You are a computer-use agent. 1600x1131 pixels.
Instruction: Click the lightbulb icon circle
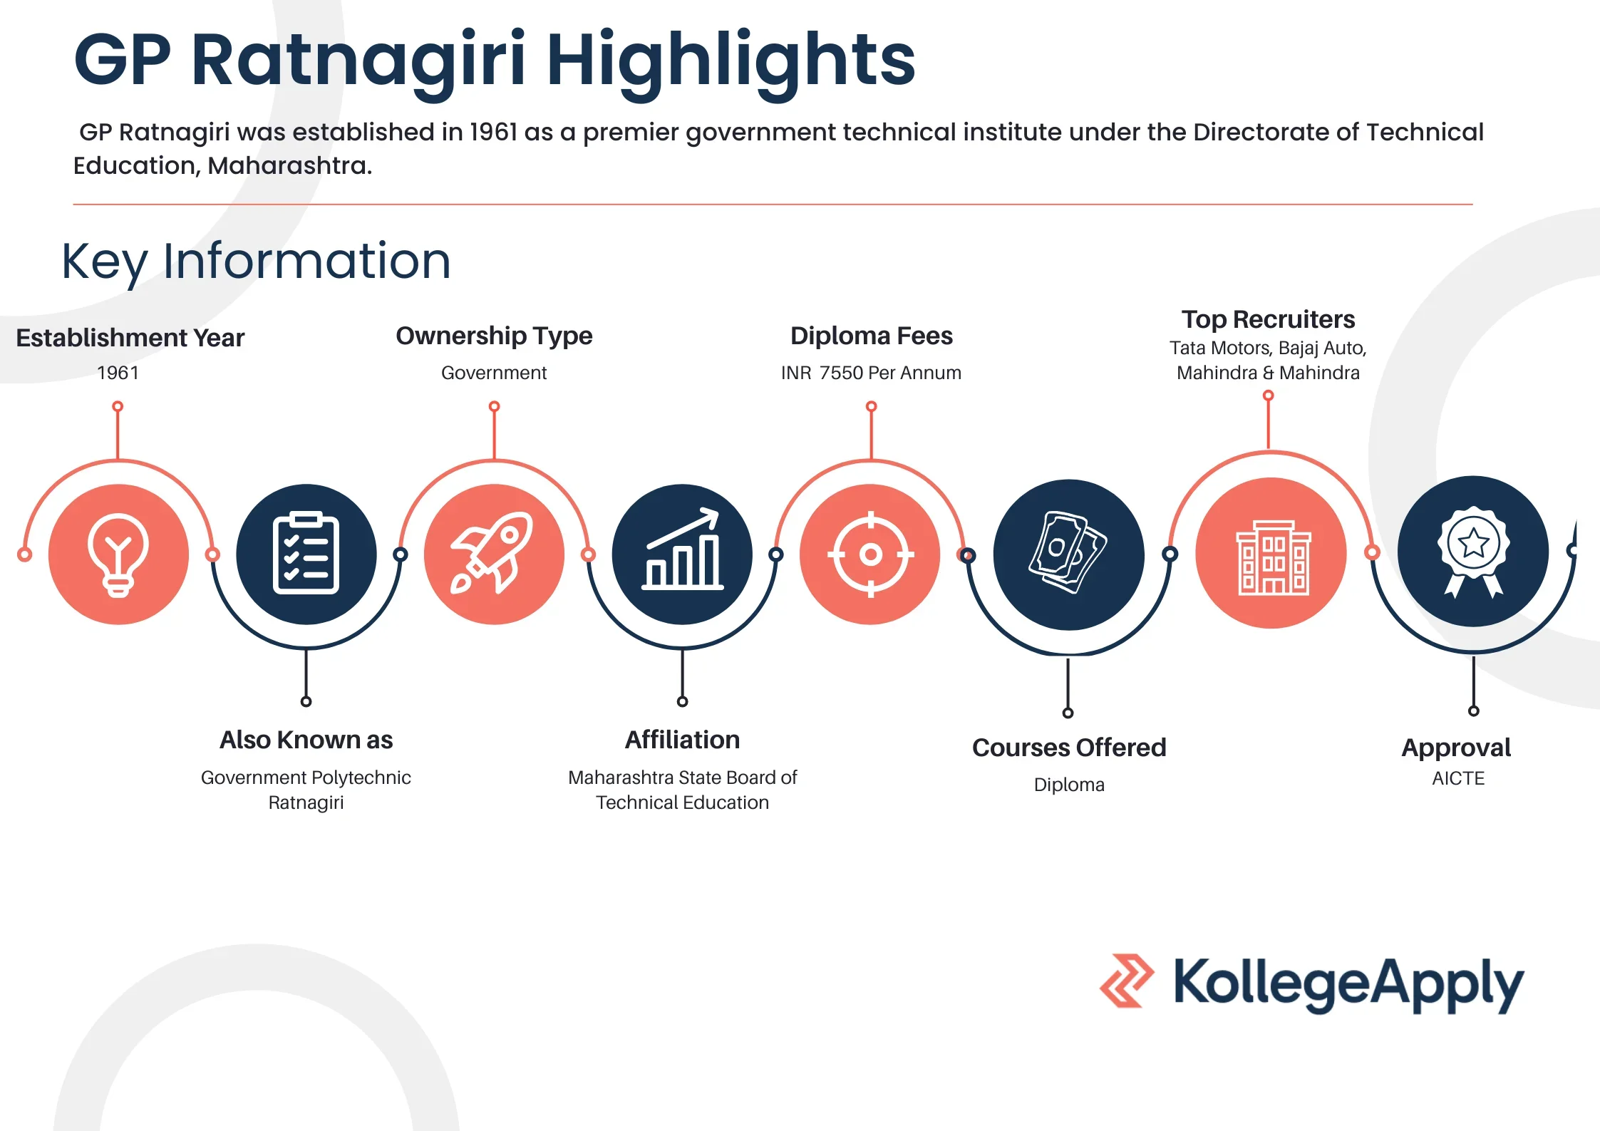pos(118,554)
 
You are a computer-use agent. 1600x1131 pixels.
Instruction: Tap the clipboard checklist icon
pos(306,554)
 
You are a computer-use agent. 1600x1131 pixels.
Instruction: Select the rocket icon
pos(494,554)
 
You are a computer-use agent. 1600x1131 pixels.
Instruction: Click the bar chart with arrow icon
pos(682,554)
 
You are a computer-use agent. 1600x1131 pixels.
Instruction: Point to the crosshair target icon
pos(870,554)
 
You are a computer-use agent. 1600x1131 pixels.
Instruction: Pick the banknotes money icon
pos(1068,554)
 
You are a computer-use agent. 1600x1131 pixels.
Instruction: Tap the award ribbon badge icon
pos(1473,552)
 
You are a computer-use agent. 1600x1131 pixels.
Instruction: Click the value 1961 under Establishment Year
pos(118,373)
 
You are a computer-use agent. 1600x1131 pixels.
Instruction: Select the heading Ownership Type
pos(494,336)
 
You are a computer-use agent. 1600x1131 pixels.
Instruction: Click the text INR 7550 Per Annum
pos(871,373)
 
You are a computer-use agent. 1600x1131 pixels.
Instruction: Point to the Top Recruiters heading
pos(1268,319)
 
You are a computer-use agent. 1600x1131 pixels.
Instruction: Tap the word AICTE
pos(1458,778)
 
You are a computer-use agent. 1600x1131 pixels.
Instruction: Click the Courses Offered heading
pos(1069,748)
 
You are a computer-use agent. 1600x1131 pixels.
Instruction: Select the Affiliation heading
pos(682,740)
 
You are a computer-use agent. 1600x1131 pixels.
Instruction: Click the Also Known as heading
pos(306,740)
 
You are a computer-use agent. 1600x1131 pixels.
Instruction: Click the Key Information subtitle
pos(256,261)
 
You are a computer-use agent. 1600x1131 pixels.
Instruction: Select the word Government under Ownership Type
pos(494,373)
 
